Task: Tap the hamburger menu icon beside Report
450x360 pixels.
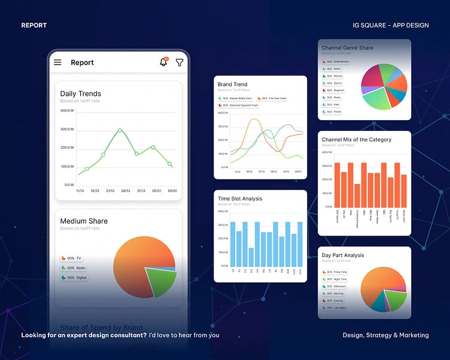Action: (x=57, y=62)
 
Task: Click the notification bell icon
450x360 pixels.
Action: (x=163, y=62)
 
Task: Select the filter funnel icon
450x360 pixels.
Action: (x=179, y=62)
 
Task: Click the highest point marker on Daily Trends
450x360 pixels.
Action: (x=120, y=130)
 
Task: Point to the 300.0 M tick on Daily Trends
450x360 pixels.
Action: (x=67, y=129)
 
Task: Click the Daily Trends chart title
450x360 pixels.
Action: (x=80, y=94)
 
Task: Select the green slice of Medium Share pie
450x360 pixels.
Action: (x=160, y=279)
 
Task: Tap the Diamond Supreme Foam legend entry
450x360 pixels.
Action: (x=238, y=105)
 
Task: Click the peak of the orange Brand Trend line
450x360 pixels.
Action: (x=254, y=120)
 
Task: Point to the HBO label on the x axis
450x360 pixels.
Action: (x=364, y=210)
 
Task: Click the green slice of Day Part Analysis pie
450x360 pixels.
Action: (x=394, y=299)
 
